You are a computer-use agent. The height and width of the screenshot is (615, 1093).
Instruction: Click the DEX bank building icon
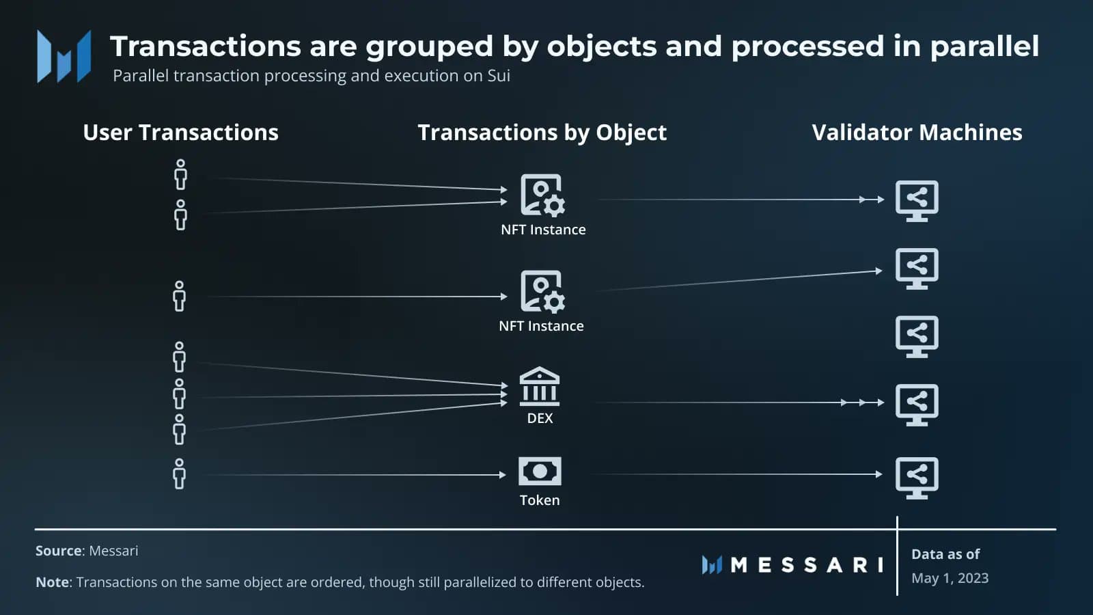540,387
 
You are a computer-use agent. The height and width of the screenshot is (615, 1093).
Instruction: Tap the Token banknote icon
540,471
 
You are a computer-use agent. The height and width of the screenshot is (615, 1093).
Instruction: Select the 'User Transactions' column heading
180,133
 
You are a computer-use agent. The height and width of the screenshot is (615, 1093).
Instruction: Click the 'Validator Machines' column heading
917,133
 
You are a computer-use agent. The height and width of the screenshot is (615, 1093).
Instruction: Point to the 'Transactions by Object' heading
542,133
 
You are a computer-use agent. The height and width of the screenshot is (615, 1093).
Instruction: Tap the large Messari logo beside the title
64,57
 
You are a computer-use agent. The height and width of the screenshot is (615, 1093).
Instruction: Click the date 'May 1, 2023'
950,578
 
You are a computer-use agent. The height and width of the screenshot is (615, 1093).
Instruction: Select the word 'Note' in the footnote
52,582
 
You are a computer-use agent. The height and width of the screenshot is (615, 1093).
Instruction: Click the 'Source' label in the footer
59,551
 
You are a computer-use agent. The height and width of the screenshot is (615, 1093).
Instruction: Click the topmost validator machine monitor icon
917,201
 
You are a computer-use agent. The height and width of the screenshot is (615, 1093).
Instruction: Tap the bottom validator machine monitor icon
917,478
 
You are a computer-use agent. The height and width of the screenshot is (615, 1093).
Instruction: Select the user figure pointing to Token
179,474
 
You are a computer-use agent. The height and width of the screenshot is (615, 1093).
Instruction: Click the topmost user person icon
180,175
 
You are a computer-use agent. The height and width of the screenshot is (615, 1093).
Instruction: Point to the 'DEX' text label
540,418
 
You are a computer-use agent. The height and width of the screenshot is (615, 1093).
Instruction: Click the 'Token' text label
540,500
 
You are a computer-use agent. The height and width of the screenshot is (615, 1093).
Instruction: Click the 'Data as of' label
945,554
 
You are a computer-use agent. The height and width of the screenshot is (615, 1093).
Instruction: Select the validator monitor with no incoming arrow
917,337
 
